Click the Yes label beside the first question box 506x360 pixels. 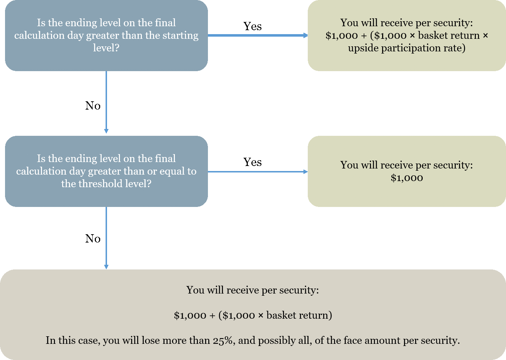coord(252,26)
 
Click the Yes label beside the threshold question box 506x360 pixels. coord(252,162)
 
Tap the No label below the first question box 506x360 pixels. coord(93,106)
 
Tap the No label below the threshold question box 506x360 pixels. coord(93,239)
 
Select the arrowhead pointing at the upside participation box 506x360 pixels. coord(305,35)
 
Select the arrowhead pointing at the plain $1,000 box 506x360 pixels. coord(305,172)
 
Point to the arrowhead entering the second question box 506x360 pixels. coord(106,131)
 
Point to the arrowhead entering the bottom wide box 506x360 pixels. coord(106,267)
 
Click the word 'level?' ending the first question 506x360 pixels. coord(106,48)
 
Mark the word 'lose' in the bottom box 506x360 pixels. coord(150,340)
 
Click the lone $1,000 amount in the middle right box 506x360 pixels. coord(407,178)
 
